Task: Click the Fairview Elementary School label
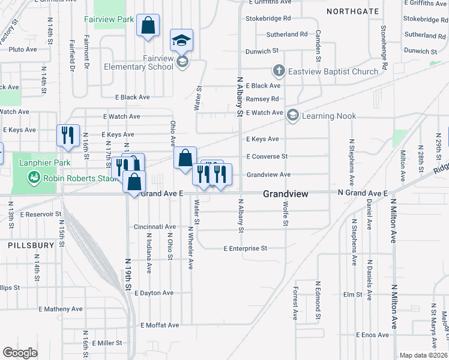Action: point(139,62)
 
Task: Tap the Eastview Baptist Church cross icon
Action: point(279,71)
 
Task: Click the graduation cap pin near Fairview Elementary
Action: point(182,40)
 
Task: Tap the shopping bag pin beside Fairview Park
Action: point(148,26)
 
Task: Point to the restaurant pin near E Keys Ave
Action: point(68,136)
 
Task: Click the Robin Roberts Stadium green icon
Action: point(33,178)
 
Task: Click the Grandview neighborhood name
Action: point(286,194)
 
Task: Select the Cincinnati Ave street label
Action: point(155,227)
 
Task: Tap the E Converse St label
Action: point(267,157)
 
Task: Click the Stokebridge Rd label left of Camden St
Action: point(268,19)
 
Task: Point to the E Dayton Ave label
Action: point(154,293)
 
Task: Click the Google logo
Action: point(20,353)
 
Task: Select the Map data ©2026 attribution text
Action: point(423,355)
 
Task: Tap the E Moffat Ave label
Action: point(160,325)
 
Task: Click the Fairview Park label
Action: point(113,20)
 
